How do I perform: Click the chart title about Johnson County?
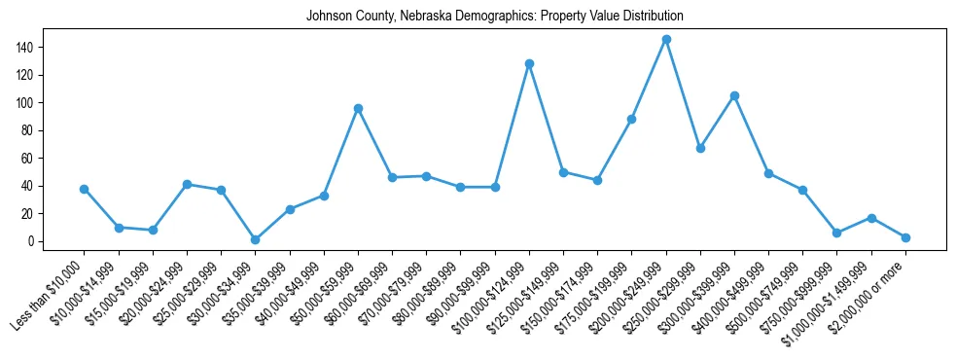pos(495,17)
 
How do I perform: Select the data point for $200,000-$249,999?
pos(666,39)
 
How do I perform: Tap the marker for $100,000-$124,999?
pos(529,63)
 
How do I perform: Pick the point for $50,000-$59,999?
pos(358,108)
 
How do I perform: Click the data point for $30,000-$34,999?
pos(255,239)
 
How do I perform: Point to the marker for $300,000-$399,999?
pos(734,95)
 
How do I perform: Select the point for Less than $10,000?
pos(84,189)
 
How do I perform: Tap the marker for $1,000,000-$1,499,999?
pos(871,218)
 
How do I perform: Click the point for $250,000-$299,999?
pos(700,148)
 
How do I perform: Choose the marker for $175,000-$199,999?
pos(631,119)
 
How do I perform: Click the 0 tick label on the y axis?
pos(31,241)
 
